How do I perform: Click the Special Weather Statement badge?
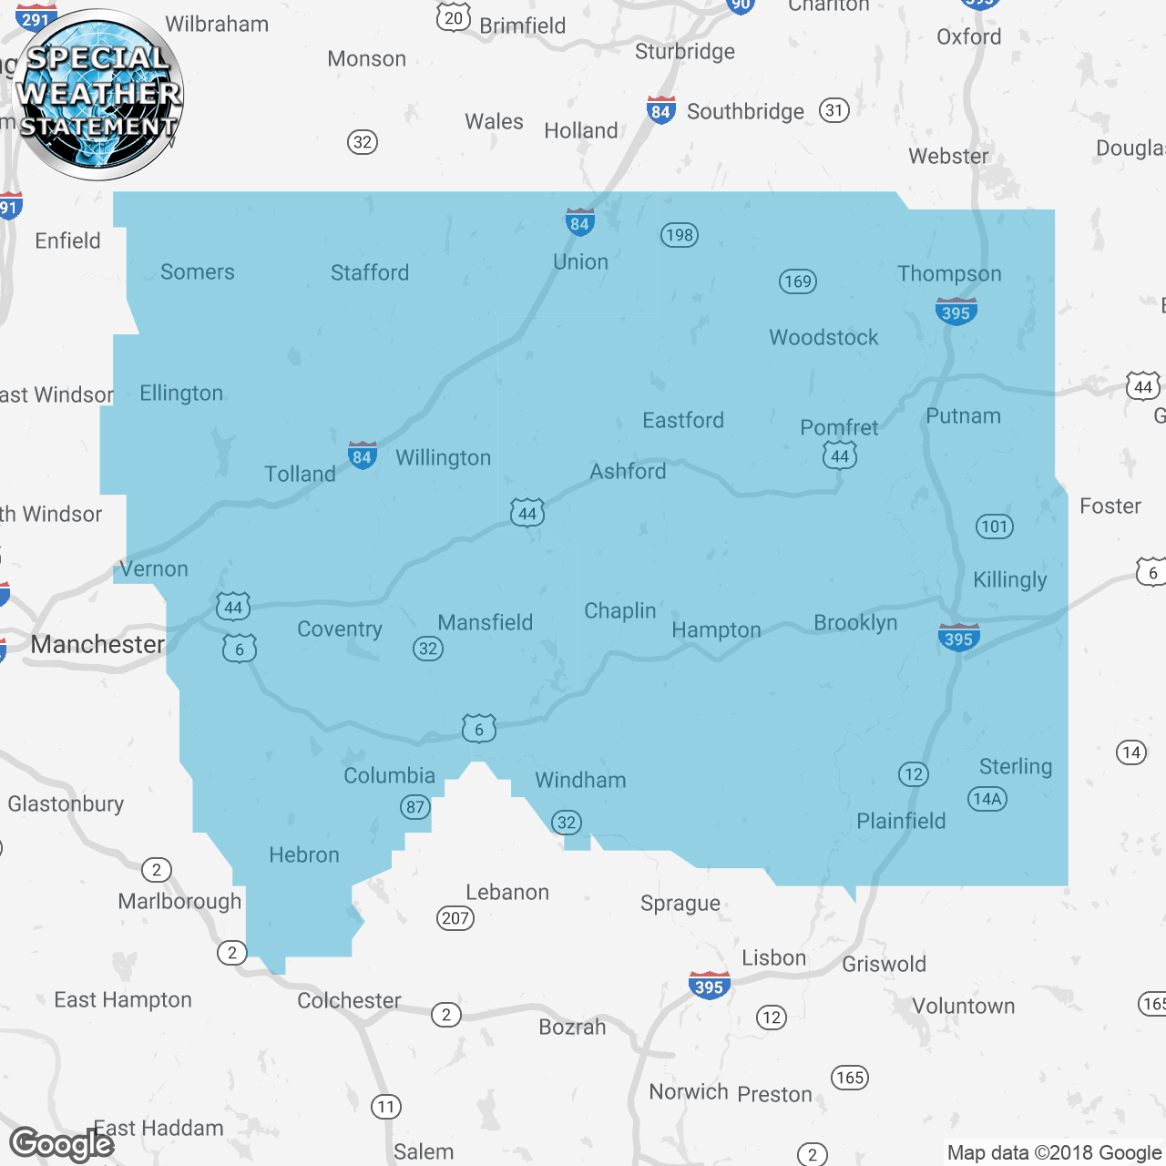tap(98, 94)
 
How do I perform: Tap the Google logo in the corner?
tap(61, 1143)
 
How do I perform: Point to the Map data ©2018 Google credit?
tap(1054, 1152)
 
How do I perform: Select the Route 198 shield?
tap(679, 235)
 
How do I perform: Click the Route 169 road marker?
tap(797, 281)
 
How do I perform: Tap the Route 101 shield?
tap(994, 527)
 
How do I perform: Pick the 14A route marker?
tap(987, 799)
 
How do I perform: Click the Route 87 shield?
tap(415, 807)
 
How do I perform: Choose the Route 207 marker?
tap(455, 918)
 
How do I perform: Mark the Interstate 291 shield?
tap(36, 18)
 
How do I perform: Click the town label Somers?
tap(197, 271)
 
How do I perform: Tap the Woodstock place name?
tap(823, 337)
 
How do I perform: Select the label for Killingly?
tap(1009, 579)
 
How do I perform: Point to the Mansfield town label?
tap(485, 622)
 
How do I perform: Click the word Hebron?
tap(303, 854)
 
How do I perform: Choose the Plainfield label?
tap(901, 821)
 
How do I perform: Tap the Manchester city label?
tap(97, 644)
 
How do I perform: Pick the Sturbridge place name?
tap(684, 51)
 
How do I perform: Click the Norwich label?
tap(688, 1091)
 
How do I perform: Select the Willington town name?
tap(443, 457)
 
